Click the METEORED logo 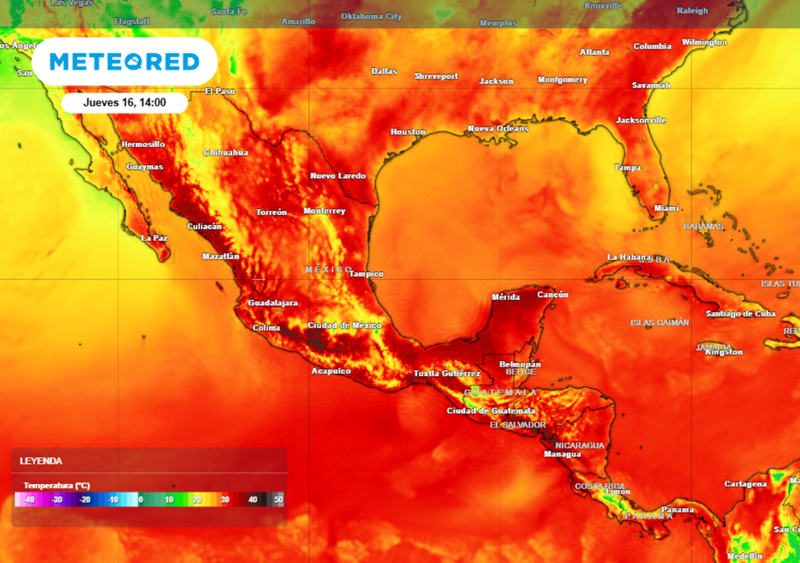(x=125, y=62)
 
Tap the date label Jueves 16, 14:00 (x=124, y=102)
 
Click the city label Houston (x=408, y=132)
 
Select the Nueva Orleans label (x=498, y=128)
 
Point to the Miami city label (x=666, y=209)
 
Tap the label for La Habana (x=629, y=257)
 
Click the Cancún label (x=553, y=295)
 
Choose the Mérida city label (x=505, y=297)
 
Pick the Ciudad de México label (x=345, y=325)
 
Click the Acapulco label (x=331, y=371)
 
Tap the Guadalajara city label (x=273, y=303)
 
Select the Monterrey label (x=324, y=211)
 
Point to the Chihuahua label (x=226, y=152)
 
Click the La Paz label (x=154, y=238)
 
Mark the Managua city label (x=562, y=454)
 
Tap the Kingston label (x=723, y=352)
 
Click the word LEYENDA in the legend (x=42, y=461)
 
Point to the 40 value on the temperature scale (x=252, y=499)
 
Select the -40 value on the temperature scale (x=29, y=499)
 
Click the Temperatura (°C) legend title (x=56, y=486)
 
